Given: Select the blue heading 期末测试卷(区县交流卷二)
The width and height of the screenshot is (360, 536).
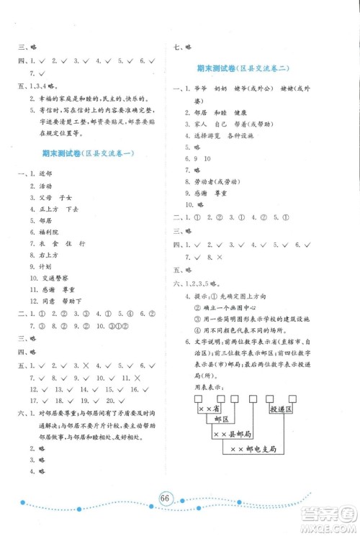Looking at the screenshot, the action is (243, 68).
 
